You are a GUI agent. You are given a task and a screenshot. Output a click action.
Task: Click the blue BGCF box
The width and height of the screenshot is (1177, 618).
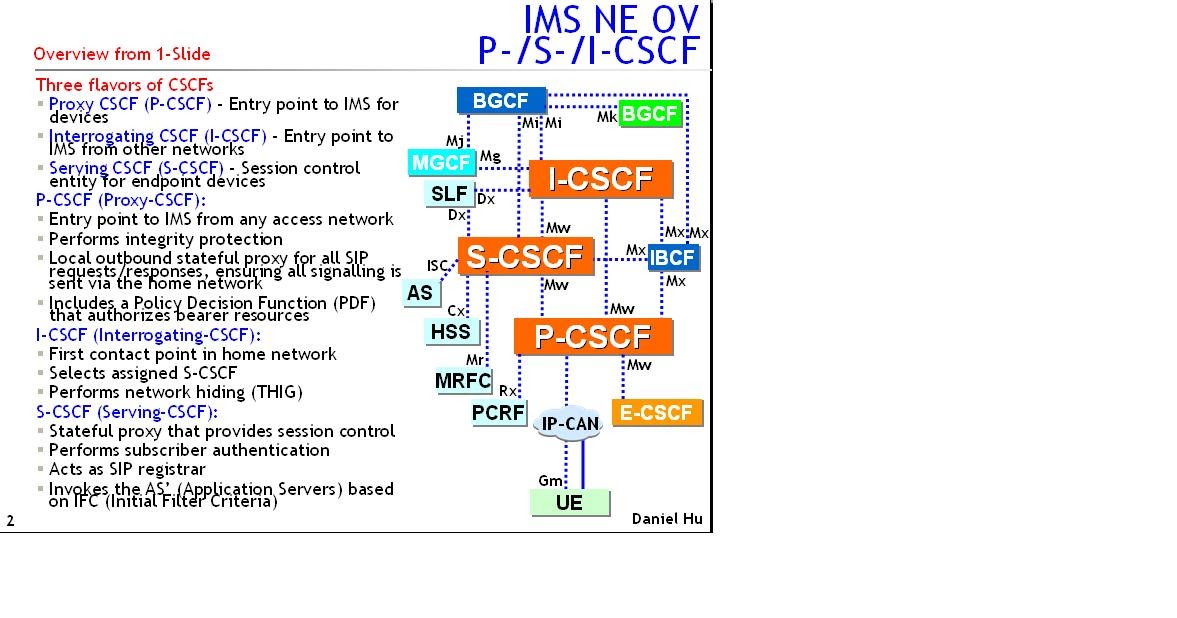point(501,100)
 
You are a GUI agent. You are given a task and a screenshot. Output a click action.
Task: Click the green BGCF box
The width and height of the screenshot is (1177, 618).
point(649,114)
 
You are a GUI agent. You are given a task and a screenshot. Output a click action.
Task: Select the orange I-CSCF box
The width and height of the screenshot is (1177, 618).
point(600,179)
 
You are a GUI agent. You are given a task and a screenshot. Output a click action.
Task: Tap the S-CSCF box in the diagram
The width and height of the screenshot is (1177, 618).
point(525,256)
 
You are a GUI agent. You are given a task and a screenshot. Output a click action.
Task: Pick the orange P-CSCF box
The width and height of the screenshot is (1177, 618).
point(592,337)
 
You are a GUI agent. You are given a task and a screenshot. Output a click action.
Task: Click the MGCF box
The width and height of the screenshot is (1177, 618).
point(441,162)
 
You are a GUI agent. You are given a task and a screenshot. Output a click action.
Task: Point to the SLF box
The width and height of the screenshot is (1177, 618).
point(450,194)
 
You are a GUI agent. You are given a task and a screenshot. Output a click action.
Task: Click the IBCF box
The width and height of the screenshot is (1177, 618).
point(672,258)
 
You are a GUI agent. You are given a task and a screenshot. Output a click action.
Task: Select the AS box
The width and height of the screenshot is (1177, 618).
point(420,293)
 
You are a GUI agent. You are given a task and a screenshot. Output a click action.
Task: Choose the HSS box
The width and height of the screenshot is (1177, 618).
point(450,331)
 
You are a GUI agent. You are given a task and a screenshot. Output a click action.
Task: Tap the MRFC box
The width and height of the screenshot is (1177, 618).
point(463,381)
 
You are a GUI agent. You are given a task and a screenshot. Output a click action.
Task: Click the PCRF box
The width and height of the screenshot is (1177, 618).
point(499,412)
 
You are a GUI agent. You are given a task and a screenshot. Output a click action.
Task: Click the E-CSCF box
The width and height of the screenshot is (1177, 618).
point(656,412)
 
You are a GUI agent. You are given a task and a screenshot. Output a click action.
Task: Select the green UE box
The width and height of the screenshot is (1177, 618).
point(569,503)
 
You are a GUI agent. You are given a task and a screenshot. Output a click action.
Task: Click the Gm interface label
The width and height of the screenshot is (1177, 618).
point(550,481)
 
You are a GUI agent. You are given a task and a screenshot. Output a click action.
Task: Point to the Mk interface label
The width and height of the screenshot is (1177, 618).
point(607,117)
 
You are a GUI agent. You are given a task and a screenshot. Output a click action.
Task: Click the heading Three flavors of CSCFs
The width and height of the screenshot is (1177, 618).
point(124,85)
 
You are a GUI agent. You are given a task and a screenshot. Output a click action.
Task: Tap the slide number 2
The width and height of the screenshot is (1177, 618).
point(10,520)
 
